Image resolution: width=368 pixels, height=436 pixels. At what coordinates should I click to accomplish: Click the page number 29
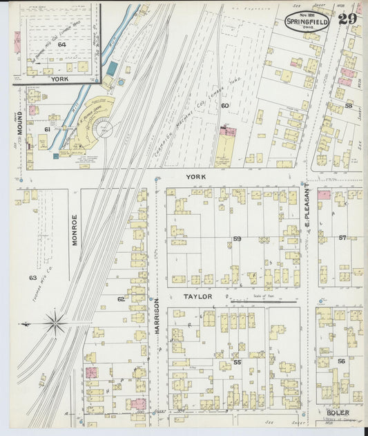point(347,18)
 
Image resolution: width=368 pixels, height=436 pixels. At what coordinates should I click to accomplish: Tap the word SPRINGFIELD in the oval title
point(307,21)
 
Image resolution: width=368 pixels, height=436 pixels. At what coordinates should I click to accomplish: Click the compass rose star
point(55,321)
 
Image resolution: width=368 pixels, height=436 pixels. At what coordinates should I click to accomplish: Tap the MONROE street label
point(75,230)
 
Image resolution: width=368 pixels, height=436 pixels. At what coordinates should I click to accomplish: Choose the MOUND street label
point(20,122)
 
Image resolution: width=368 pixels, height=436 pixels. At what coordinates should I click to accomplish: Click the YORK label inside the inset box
point(59,79)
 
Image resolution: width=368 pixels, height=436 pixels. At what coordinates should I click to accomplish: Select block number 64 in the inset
point(61,44)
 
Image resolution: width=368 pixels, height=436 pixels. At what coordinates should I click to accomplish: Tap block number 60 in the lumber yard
point(224,106)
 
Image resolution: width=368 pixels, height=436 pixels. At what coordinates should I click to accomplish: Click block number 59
point(237,239)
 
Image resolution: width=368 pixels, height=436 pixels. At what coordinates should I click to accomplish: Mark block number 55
point(237,362)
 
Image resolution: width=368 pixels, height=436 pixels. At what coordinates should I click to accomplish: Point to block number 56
point(341,361)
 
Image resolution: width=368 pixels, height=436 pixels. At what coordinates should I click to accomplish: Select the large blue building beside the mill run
point(113,69)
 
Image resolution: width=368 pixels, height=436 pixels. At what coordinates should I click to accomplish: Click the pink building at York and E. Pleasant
point(323,195)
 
